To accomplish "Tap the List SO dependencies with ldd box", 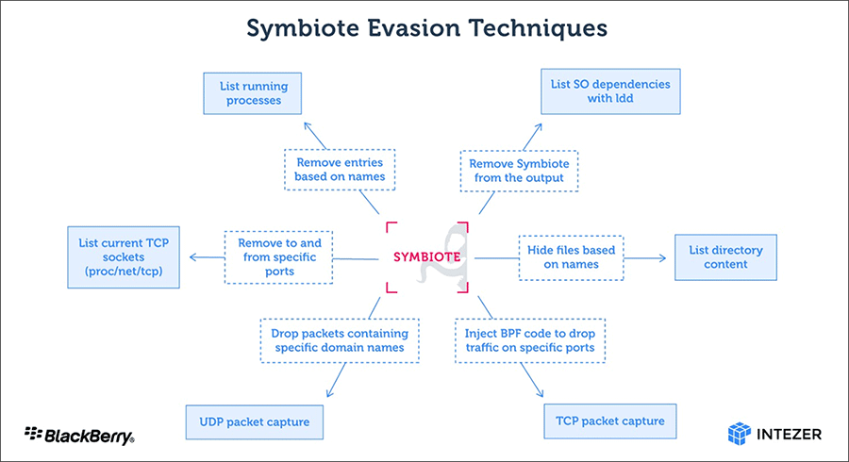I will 610,91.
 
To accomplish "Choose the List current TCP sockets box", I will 123,257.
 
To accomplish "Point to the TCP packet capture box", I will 610,421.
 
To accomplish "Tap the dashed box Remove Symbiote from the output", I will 517,171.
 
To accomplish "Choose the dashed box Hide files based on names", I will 572,257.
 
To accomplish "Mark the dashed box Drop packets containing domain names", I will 340,341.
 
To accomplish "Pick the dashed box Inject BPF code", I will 530,341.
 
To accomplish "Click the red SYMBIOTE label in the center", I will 427,256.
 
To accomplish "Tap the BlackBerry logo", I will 79,435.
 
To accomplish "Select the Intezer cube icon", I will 739,434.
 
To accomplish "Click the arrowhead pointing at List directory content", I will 662,257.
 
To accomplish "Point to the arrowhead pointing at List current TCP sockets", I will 193,257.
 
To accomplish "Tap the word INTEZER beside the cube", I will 788,435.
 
